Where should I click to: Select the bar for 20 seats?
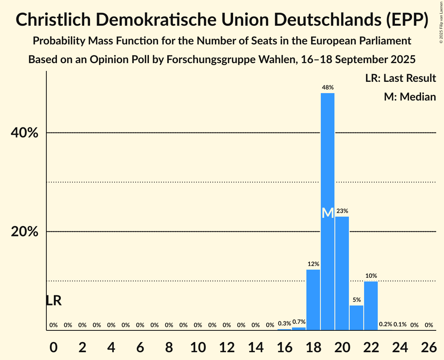[x=342, y=273]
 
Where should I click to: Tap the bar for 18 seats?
[x=313, y=300]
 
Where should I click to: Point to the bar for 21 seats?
[x=356, y=318]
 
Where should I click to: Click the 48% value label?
[x=327, y=88]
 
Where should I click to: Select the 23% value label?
[x=342, y=211]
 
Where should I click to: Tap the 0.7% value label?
[x=299, y=322]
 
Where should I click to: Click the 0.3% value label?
[x=285, y=323]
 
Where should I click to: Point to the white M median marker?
[x=328, y=213]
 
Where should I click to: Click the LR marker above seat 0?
[x=53, y=301]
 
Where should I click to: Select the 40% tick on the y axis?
[x=24, y=133]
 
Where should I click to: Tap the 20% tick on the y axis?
[x=24, y=232]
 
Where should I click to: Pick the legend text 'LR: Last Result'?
[x=400, y=78]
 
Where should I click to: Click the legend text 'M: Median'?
[x=410, y=97]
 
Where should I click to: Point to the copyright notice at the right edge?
[x=441, y=21]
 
